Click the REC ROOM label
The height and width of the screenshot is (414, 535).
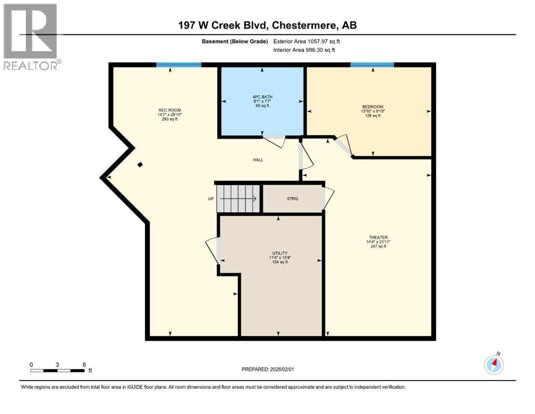tap(165, 109)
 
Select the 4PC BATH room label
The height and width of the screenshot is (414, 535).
tap(262, 96)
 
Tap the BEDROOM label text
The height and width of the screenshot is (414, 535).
tap(372, 107)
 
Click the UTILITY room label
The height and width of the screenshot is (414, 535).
tap(280, 253)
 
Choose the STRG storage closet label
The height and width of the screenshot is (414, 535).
tap(292, 198)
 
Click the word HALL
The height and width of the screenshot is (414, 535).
tap(258, 160)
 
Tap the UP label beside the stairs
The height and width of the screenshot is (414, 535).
tap(211, 198)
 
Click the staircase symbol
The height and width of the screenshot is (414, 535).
tap(237, 198)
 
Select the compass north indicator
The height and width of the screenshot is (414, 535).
tap(494, 364)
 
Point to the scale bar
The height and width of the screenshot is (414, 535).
tap(58, 370)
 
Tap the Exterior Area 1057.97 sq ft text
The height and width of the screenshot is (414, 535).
tap(307, 42)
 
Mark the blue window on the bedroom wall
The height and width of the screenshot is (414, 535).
tap(372, 65)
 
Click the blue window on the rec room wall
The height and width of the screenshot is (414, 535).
tap(178, 65)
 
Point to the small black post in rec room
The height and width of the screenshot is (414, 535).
tap(140, 165)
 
